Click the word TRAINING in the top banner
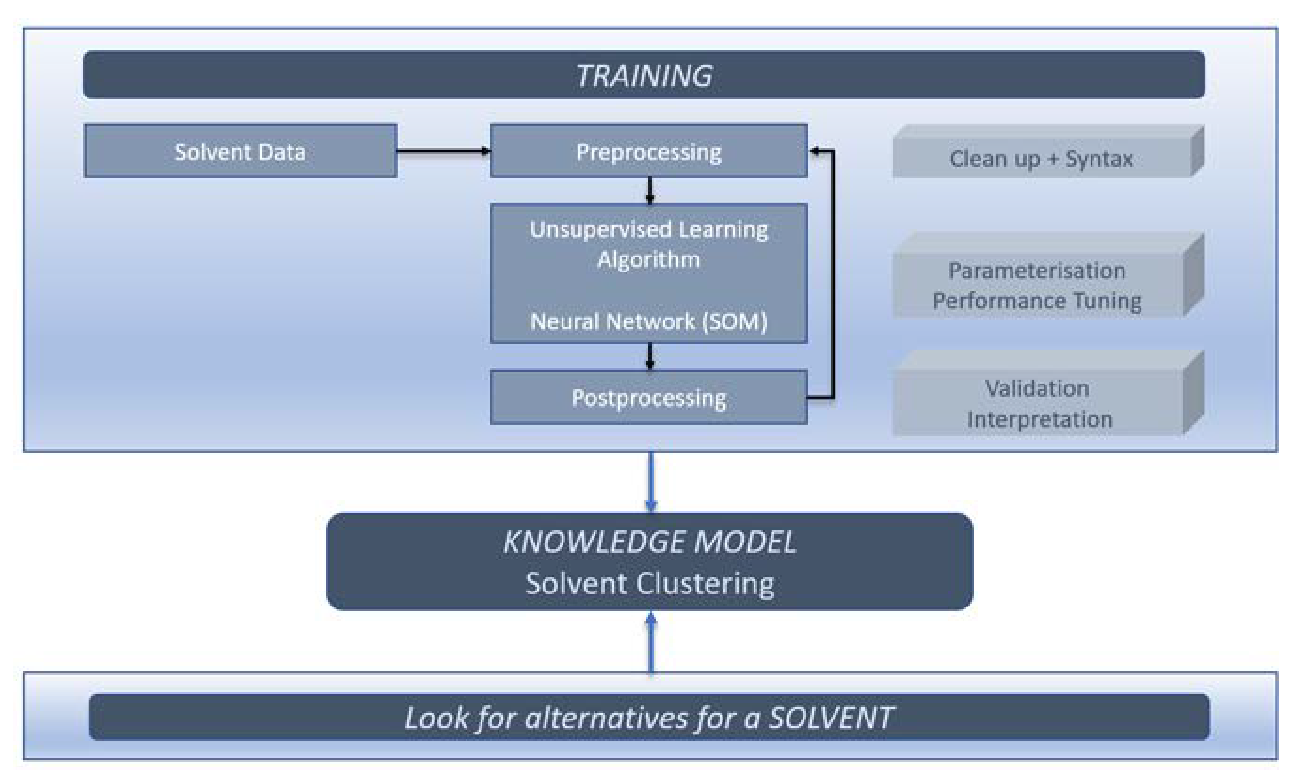(644, 76)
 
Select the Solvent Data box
(240, 151)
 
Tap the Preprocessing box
(649, 151)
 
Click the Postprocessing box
(649, 398)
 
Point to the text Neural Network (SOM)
(649, 321)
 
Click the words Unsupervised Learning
(649, 230)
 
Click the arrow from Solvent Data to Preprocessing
(443, 151)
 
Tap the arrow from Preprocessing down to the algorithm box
(650, 191)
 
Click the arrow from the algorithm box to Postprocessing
(650, 357)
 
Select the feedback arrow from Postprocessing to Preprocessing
(833, 274)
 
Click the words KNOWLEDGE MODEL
(649, 542)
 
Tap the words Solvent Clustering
(649, 583)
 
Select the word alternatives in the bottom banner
(606, 718)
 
